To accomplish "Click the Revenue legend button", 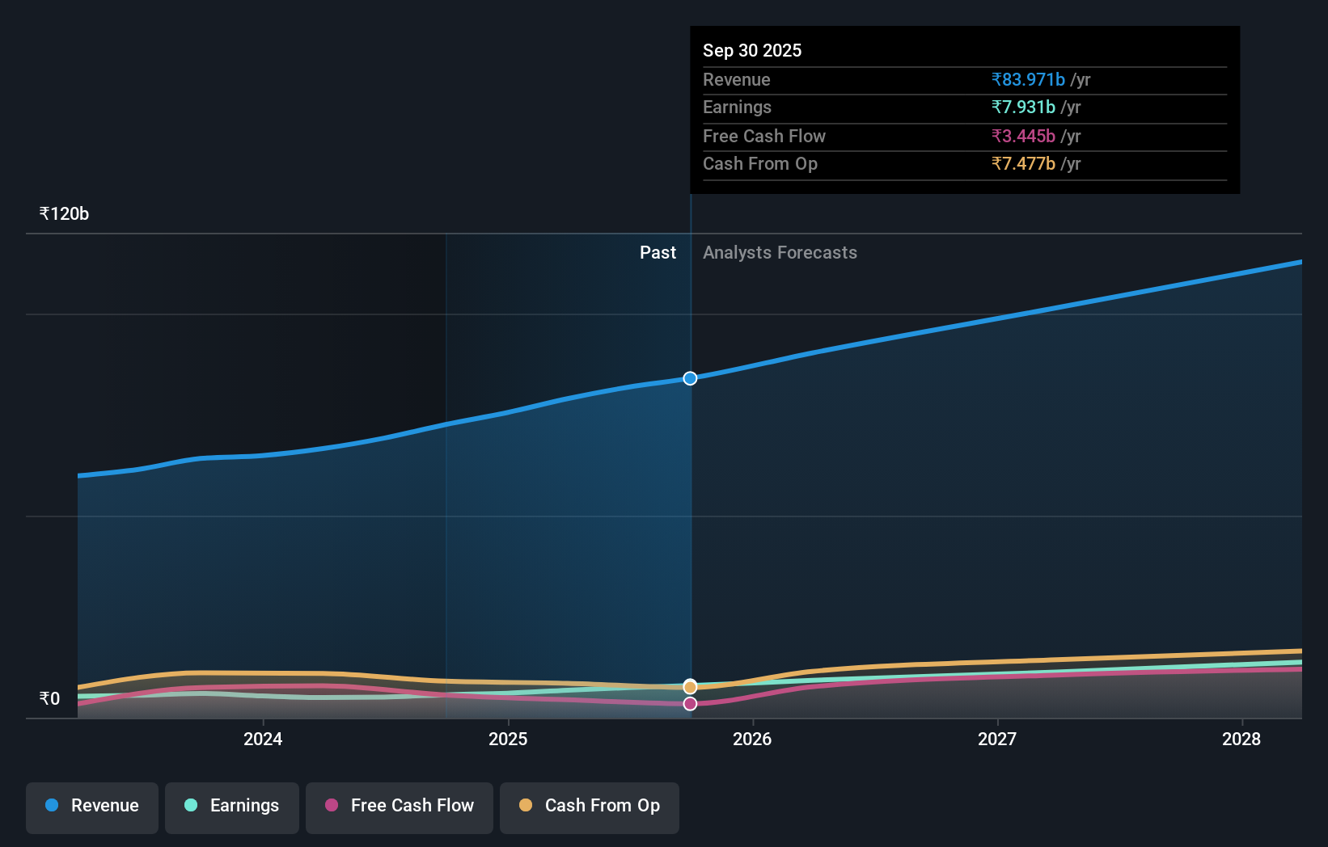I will tap(92, 806).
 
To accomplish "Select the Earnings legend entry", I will tap(232, 806).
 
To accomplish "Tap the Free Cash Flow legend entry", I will tap(400, 806).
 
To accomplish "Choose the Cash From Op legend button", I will tap(590, 806).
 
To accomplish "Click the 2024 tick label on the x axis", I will tap(263, 739).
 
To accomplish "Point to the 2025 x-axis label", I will tap(508, 739).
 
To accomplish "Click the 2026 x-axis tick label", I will tap(752, 739).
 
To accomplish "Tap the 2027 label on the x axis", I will tap(997, 739).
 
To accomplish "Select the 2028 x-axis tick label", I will tap(1241, 739).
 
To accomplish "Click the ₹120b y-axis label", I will tap(64, 214).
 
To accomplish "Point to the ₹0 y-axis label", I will tap(50, 699).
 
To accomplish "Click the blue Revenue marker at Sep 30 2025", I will tap(690, 378).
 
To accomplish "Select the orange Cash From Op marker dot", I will tap(690, 687).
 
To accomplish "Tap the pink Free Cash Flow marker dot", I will tap(690, 704).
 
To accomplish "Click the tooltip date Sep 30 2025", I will tap(752, 51).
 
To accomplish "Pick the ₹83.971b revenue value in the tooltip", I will tap(1028, 80).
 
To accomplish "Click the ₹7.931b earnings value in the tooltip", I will tap(1023, 107).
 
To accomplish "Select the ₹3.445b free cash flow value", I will tap(1023, 137).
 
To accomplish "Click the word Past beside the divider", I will tap(658, 253).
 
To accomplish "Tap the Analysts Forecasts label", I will tap(780, 253).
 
